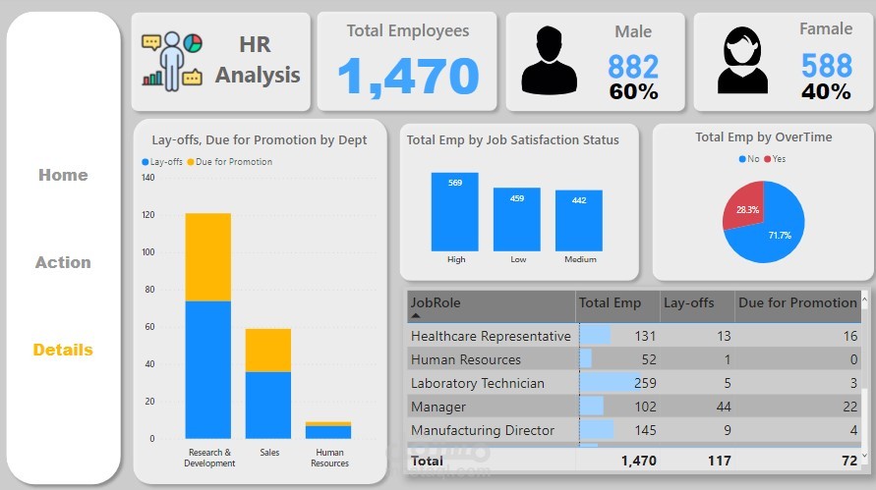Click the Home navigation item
pos(63,175)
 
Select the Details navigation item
pos(63,350)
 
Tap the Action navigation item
pos(63,262)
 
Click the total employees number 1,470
pos(408,77)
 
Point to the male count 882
pos(633,66)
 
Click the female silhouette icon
pos(742,60)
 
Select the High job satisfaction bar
pos(455,211)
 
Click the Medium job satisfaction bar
pos(578,220)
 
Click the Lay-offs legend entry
pos(163,161)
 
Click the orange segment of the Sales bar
pos(268,350)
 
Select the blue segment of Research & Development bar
pos(208,369)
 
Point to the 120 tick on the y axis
pos(147,215)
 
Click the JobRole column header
pos(436,302)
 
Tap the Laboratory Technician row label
pos(477,383)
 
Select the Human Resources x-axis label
pos(329,459)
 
